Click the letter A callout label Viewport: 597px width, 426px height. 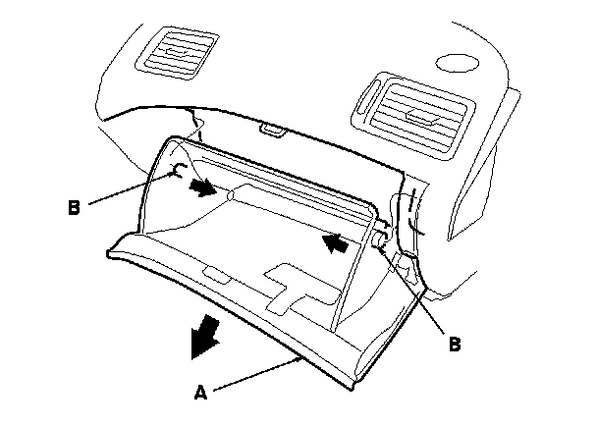200,393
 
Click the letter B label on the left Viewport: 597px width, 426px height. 74,208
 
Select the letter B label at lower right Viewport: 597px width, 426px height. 455,345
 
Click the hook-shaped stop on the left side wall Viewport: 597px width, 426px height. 178,173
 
